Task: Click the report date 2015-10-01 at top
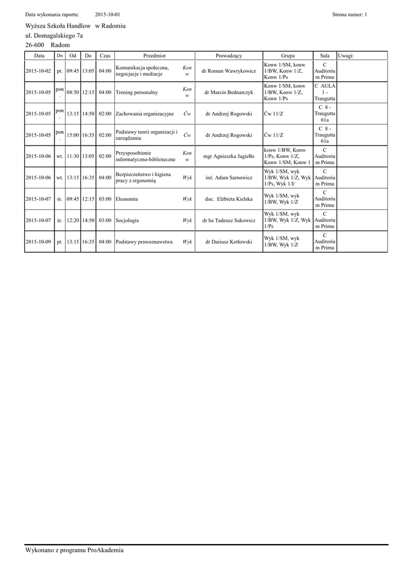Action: [x=108, y=14]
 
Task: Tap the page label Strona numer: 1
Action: [x=349, y=14]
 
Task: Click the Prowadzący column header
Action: [x=229, y=56]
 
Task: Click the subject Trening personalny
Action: [x=137, y=92]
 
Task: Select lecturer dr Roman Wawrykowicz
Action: [x=229, y=72]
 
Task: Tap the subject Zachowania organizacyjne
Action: [x=144, y=113]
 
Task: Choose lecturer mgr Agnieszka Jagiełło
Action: [x=229, y=156]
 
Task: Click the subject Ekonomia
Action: [x=127, y=199]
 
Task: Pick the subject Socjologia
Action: [x=127, y=221]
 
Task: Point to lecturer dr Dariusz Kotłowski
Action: [x=229, y=242]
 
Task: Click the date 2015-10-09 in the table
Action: [x=38, y=242]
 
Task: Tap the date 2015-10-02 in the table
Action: [x=38, y=72]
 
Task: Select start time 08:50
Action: [x=73, y=92]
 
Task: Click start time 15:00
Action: [x=73, y=135]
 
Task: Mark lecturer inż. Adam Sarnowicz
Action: [x=229, y=178]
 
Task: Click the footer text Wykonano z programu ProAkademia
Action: [x=74, y=550]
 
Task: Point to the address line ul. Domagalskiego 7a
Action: [x=54, y=35]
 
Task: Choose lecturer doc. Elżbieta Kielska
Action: [x=229, y=199]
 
